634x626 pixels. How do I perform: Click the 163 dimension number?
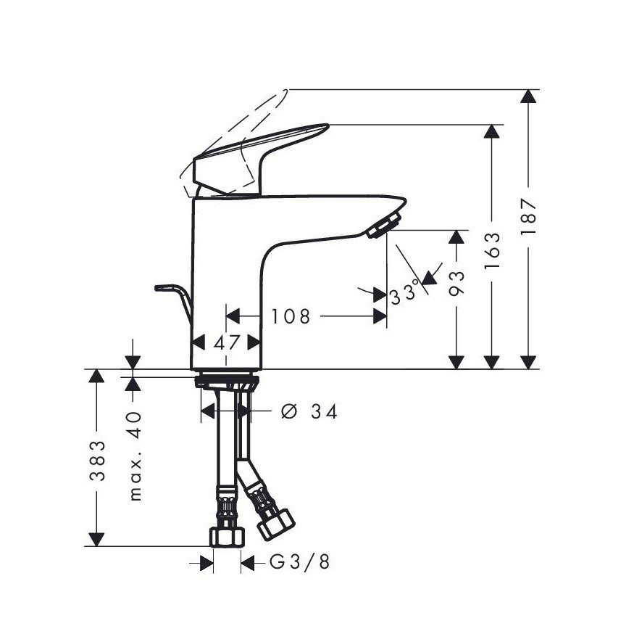point(493,250)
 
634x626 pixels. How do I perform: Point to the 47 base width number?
point(227,342)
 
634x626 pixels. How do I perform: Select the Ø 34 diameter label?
point(309,411)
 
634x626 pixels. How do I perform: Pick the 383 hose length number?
point(96,461)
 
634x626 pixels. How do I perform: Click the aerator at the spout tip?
point(383,225)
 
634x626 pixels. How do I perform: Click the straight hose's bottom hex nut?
point(228,536)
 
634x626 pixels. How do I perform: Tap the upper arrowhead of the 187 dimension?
point(530,97)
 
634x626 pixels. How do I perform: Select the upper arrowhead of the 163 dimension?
point(493,133)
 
